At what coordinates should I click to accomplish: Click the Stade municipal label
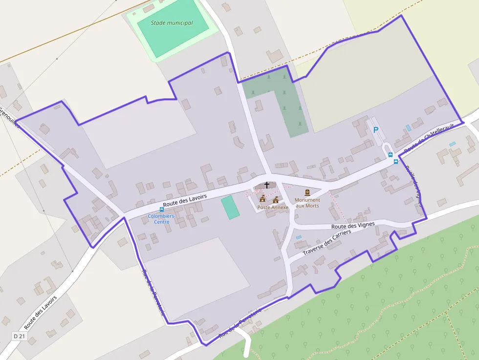pos(172,23)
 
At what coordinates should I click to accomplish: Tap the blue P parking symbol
pos(376,130)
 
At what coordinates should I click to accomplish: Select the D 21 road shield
pos(19,337)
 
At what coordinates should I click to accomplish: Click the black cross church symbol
pos(267,185)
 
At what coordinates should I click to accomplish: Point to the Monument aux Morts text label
pos(307,203)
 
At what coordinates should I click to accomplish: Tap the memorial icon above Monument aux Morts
pos(307,193)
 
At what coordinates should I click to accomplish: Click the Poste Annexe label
pos(273,208)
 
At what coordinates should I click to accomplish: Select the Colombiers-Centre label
pos(162,219)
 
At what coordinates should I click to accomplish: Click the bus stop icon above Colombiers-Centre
pos(162,210)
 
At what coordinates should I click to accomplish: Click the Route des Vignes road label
pos(353,226)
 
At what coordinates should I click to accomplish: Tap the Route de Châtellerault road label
pos(429,138)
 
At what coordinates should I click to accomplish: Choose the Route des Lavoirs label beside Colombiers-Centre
pos(185,200)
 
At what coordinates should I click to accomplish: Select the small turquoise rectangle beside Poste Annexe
pos(230,207)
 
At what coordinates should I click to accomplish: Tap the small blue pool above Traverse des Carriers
pos(299,237)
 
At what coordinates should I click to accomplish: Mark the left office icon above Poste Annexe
pos(262,199)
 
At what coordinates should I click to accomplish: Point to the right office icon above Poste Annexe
pos(276,200)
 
